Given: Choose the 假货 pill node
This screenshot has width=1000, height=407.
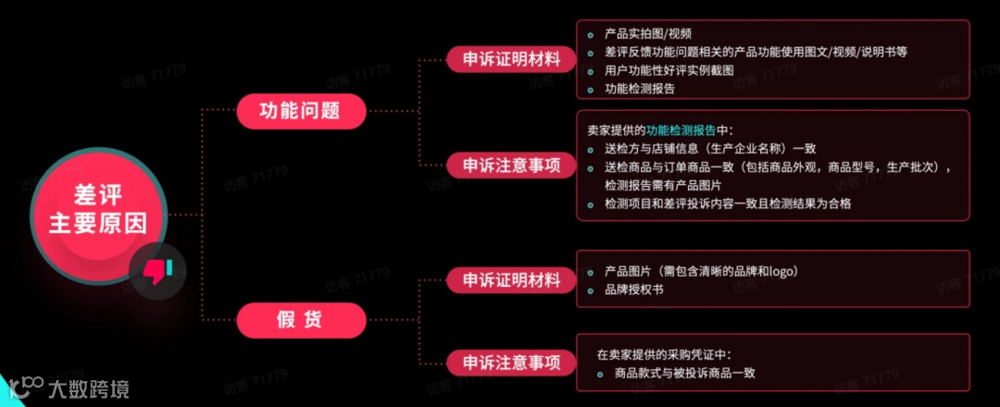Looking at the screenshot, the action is [x=299, y=320].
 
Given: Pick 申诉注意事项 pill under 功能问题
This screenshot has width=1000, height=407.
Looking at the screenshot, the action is [x=512, y=166].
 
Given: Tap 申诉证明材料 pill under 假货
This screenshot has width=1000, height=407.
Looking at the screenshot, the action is [x=512, y=279].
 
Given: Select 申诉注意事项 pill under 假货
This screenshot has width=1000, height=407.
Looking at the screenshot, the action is [x=512, y=362].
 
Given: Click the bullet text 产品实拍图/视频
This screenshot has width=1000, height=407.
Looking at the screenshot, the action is [x=648, y=34].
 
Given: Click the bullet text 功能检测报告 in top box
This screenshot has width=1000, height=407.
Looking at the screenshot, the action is [x=640, y=89].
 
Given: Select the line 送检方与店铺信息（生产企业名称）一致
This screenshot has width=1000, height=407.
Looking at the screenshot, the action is [x=710, y=148].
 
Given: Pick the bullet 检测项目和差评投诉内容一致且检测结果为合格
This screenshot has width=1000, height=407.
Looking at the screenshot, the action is [x=727, y=203].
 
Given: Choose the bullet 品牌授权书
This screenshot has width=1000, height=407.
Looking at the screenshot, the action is [x=633, y=290].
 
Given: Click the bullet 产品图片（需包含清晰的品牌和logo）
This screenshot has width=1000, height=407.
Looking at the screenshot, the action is [x=701, y=271].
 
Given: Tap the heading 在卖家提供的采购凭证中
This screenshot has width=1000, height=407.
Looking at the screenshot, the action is [x=664, y=354].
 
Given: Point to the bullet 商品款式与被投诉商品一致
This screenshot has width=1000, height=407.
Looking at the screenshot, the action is [x=684, y=373].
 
